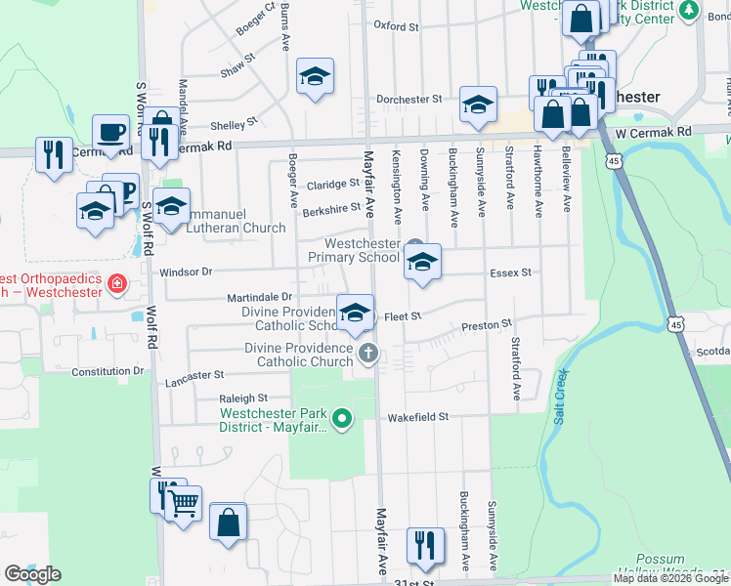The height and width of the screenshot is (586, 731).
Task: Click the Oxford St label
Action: [x=395, y=26]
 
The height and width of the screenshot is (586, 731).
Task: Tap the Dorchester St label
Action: [x=409, y=99]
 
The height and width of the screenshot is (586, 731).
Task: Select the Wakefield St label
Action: [x=417, y=416]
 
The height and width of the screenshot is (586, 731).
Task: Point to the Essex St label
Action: [x=511, y=272]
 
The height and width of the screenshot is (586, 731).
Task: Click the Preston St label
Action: [x=487, y=323]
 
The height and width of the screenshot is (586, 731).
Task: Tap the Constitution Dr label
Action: [x=107, y=371]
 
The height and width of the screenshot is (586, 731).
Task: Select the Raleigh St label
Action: [x=243, y=398]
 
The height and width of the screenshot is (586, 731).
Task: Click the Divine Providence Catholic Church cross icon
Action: [x=367, y=353]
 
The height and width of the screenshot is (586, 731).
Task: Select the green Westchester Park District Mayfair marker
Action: [x=341, y=420]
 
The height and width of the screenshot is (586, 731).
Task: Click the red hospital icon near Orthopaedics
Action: [x=118, y=283]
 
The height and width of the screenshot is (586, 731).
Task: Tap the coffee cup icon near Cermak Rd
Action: [x=111, y=131]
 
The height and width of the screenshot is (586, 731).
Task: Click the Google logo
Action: [x=32, y=574]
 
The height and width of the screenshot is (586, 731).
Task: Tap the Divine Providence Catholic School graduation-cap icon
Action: [x=356, y=312]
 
